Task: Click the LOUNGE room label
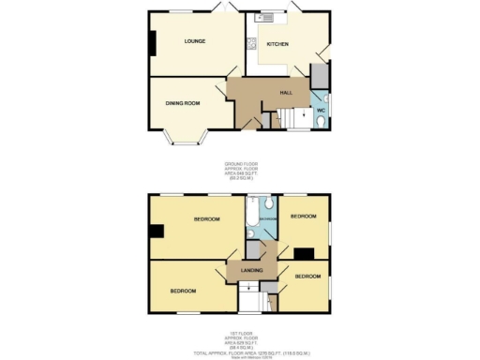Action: pyautogui.click(x=195, y=41)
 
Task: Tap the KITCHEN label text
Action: pyautogui.click(x=277, y=44)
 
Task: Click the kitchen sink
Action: pyautogui.click(x=265, y=16)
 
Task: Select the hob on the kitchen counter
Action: pyautogui.click(x=251, y=43)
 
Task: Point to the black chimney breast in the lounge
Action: pyautogui.click(x=154, y=43)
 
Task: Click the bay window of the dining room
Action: pyautogui.click(x=184, y=140)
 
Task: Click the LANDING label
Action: pyautogui.click(x=251, y=271)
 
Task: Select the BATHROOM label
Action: pyautogui.click(x=267, y=219)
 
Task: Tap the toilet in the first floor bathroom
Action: pyautogui.click(x=268, y=202)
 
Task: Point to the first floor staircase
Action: pyautogui.click(x=250, y=298)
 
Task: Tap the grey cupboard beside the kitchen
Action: pyautogui.click(x=319, y=74)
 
